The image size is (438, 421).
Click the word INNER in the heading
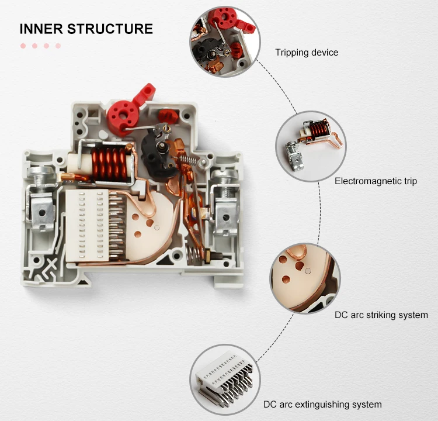(41, 29)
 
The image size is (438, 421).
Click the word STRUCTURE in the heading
(110, 29)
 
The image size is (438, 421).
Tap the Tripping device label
(307, 53)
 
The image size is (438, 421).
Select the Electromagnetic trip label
(376, 181)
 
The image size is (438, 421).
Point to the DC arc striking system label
(381, 315)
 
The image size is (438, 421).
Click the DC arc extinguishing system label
(322, 404)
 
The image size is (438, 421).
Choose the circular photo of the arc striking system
(304, 278)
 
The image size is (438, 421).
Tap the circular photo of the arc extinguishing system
(225, 377)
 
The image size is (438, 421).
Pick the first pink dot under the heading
(23, 46)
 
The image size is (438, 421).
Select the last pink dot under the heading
(58, 46)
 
